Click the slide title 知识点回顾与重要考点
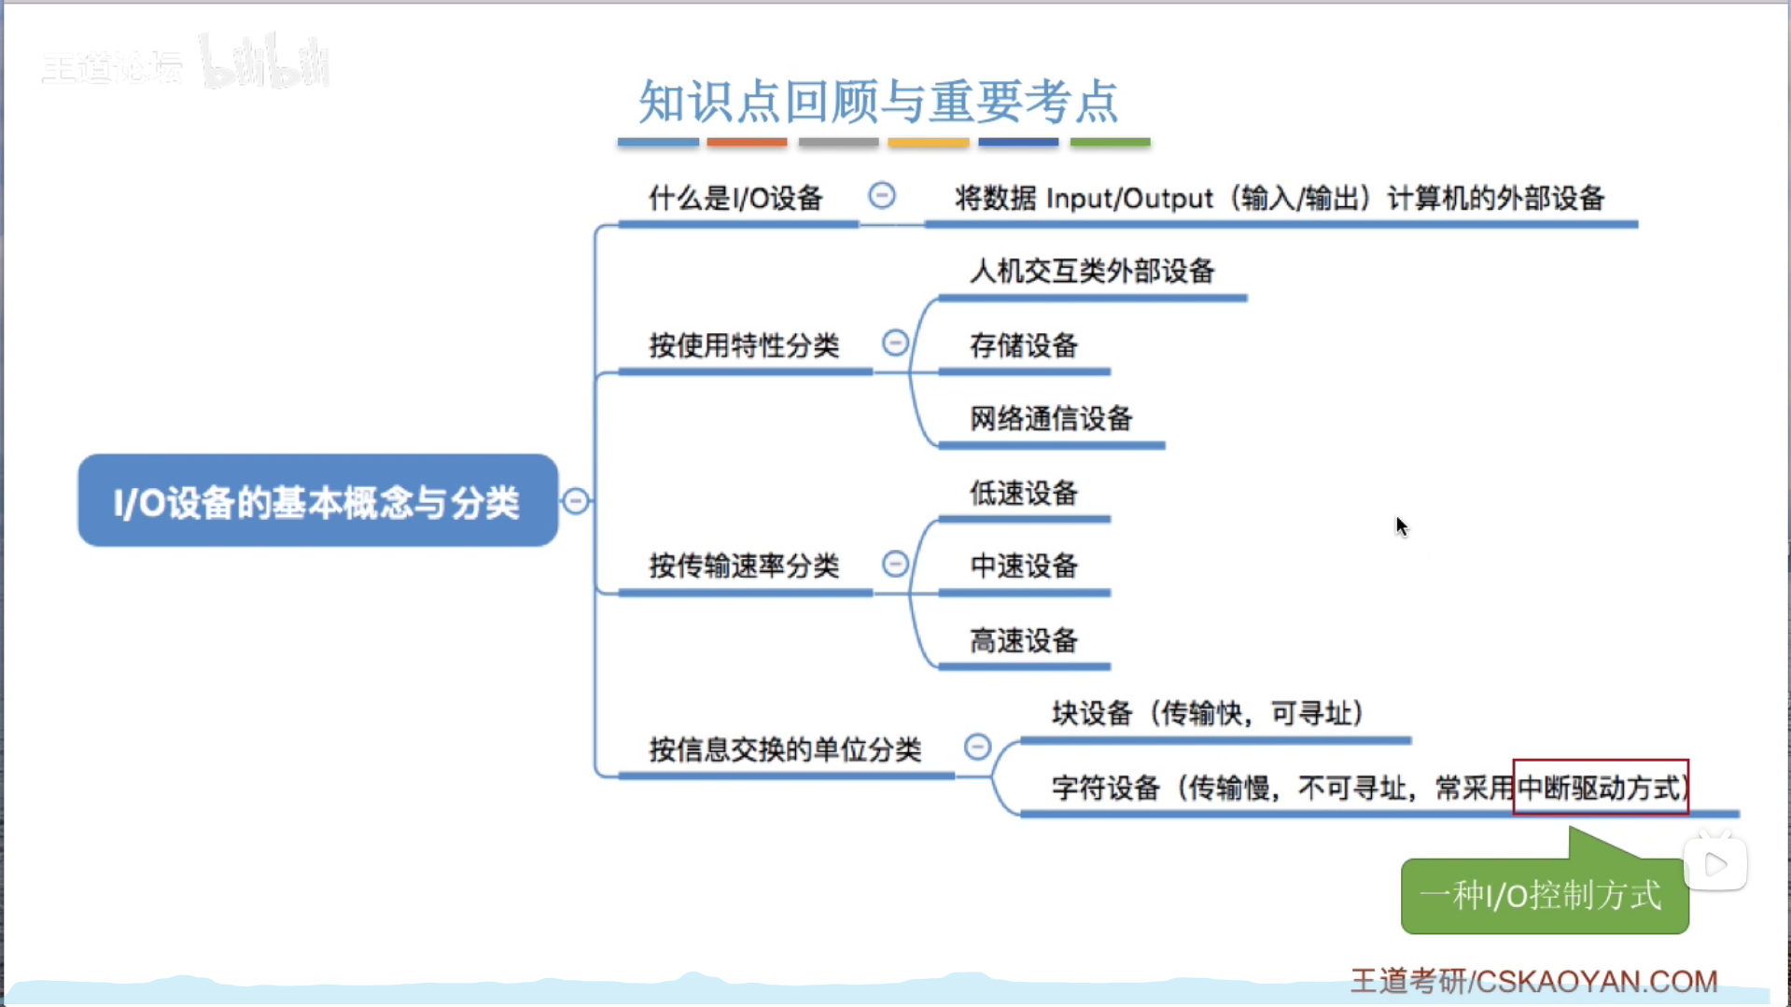click(x=877, y=101)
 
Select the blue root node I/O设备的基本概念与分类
click(x=317, y=501)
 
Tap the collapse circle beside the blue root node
click(x=576, y=501)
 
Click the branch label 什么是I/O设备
click(x=735, y=198)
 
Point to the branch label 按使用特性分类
click(x=744, y=345)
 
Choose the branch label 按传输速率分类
click(x=744, y=566)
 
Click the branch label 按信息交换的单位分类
click(x=785, y=749)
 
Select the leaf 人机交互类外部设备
click(x=1092, y=272)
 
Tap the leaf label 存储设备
click(x=1024, y=345)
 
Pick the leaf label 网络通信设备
click(x=1051, y=419)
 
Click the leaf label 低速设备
click(x=1024, y=493)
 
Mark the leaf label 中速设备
click(x=1024, y=566)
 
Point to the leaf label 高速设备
click(x=1024, y=641)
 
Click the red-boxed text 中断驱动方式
click(x=1600, y=788)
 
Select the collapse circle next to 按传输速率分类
click(x=895, y=564)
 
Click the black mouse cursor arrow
click(x=1401, y=525)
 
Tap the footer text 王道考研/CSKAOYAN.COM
click(x=1533, y=981)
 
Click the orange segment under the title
click(x=747, y=142)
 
